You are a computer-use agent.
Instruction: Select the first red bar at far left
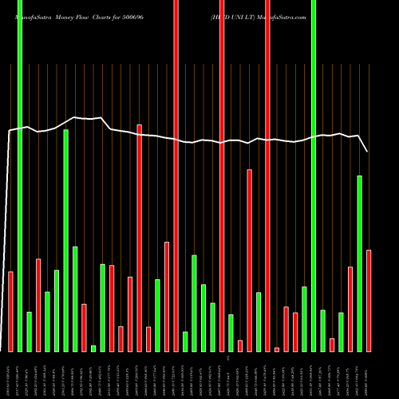10,311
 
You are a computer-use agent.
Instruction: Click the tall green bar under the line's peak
66,239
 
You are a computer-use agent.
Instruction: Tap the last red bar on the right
369,300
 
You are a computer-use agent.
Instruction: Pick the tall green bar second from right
360,263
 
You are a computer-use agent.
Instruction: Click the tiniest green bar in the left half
93,348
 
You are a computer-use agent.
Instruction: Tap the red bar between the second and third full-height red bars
249,259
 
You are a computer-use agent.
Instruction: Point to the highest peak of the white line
74,117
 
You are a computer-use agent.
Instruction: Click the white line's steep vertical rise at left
9,239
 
